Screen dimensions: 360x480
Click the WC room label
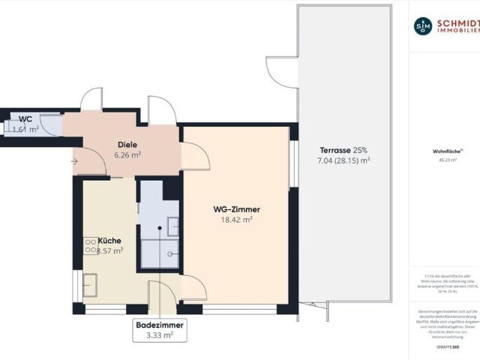click(x=25, y=118)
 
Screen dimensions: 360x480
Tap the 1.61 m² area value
click(x=25, y=129)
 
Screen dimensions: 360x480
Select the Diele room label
click(x=127, y=144)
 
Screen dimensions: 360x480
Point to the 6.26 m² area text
click(x=127, y=155)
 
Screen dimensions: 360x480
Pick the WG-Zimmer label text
click(x=235, y=209)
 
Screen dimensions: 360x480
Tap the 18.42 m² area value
click(x=235, y=220)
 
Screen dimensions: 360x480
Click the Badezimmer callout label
click(x=158, y=325)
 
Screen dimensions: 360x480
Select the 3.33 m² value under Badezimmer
click(x=158, y=336)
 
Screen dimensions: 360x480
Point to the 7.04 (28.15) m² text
click(x=344, y=160)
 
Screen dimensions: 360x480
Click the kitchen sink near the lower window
click(x=90, y=286)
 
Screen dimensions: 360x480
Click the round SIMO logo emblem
click(x=423, y=25)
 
